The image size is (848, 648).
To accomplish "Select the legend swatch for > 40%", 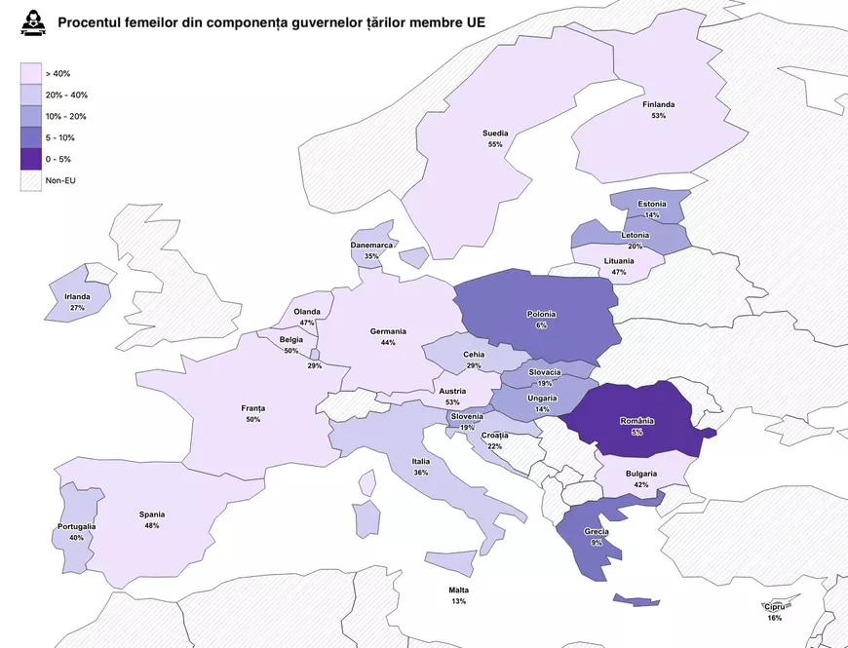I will click(x=31, y=73).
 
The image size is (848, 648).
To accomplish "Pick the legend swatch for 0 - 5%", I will click(x=31, y=159).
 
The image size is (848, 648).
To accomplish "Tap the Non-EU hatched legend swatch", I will click(x=31, y=180).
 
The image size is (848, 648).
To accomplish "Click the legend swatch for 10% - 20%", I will click(x=31, y=116).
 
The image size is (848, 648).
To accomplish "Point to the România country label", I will click(x=637, y=421).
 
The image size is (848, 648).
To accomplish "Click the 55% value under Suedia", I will click(x=495, y=144).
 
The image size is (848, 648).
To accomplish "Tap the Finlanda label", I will click(x=658, y=104).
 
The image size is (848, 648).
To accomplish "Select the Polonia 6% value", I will click(x=541, y=325).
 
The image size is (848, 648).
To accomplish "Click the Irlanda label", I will click(x=77, y=297).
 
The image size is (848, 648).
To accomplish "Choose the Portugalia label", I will click(x=76, y=527).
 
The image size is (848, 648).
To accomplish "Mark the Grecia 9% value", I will click(x=597, y=542).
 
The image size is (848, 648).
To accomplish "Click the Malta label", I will click(x=458, y=591).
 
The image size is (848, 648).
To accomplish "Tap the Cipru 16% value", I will click(x=774, y=618).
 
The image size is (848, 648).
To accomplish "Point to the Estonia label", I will click(x=652, y=204).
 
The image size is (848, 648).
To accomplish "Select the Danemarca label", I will click(x=371, y=246).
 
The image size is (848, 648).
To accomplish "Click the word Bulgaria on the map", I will click(x=640, y=474).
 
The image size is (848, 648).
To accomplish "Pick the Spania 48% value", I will click(x=151, y=525).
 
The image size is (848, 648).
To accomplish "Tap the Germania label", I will click(x=388, y=331).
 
